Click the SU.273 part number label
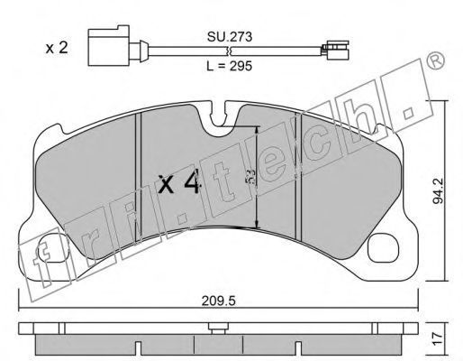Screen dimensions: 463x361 click(x=230, y=37)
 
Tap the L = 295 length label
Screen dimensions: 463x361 click(x=230, y=66)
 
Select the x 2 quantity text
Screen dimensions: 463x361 click(x=57, y=48)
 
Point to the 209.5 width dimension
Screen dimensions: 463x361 click(x=219, y=301)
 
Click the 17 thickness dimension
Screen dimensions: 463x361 click(x=440, y=338)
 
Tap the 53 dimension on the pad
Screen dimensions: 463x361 click(x=251, y=177)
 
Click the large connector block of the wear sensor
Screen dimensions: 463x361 click(x=109, y=46)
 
